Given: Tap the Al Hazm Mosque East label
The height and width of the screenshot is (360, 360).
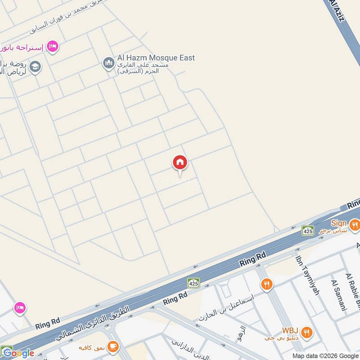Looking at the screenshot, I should (x=156, y=58).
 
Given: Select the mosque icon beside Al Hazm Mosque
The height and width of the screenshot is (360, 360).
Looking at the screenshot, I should (x=108, y=63).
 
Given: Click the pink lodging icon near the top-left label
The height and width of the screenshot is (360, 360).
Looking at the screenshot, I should (x=53, y=46).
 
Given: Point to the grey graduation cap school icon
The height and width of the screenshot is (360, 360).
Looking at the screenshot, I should (x=36, y=67).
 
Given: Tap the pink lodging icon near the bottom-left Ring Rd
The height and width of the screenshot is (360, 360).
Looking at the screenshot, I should (x=19, y=308).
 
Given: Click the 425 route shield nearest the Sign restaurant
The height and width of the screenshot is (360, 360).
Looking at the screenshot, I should (x=308, y=230).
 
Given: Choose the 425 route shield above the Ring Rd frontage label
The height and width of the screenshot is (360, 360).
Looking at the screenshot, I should (x=193, y=283).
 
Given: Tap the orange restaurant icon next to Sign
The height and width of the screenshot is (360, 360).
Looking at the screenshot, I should (x=355, y=224).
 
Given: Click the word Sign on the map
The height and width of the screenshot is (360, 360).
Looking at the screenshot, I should (x=338, y=223).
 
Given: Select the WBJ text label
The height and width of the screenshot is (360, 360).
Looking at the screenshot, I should (x=290, y=330).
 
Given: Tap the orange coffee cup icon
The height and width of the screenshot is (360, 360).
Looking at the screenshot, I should (x=112, y=346).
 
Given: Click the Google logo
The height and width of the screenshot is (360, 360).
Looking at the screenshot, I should (x=18, y=353).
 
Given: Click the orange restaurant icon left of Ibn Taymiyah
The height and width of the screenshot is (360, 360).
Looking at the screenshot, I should (x=266, y=284).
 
